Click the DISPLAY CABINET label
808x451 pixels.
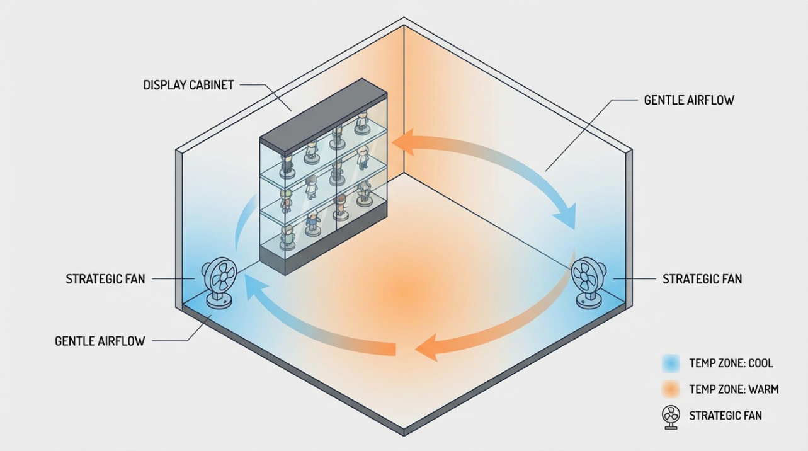point(188,85)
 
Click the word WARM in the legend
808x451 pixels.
point(763,389)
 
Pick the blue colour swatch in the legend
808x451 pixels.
point(671,363)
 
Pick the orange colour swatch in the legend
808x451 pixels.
point(671,389)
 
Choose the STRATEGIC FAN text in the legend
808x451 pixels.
point(725,416)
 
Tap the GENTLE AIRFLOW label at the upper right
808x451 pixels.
point(689,100)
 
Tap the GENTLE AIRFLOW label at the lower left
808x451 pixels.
point(100,341)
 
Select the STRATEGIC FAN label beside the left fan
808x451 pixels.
point(105,278)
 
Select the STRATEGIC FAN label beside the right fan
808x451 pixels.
point(702,278)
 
